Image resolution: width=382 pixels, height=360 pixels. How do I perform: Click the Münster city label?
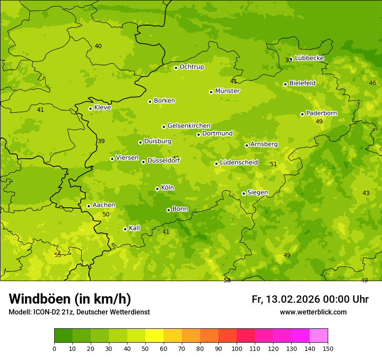tap(227, 91)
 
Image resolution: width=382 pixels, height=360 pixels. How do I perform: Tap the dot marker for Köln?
tap(157, 189)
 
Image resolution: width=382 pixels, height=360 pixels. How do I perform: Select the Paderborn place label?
tap(321, 113)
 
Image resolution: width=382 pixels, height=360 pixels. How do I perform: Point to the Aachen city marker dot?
tap(89, 206)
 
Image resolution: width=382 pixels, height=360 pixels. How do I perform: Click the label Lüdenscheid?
tap(239, 163)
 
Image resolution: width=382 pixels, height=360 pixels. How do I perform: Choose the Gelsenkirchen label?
tap(189, 126)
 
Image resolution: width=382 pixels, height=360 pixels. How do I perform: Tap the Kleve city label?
tap(102, 108)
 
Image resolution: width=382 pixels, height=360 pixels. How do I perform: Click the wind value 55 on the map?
tap(58, 255)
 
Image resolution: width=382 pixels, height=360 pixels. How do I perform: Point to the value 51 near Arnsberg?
tap(273, 164)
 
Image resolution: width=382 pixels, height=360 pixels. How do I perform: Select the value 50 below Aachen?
tap(106, 214)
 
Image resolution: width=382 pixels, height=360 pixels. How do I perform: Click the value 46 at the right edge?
tap(372, 83)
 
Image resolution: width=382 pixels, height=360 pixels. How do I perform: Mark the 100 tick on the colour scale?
tap(237, 348)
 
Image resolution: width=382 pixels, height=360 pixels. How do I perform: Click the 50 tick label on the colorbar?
tap(145, 348)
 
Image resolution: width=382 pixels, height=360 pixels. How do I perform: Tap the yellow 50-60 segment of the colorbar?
tap(155, 336)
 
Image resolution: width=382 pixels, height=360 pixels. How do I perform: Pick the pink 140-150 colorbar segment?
tap(319, 336)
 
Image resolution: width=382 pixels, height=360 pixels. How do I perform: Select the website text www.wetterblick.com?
tap(313, 312)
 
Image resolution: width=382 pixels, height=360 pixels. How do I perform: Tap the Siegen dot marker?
tap(244, 193)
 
